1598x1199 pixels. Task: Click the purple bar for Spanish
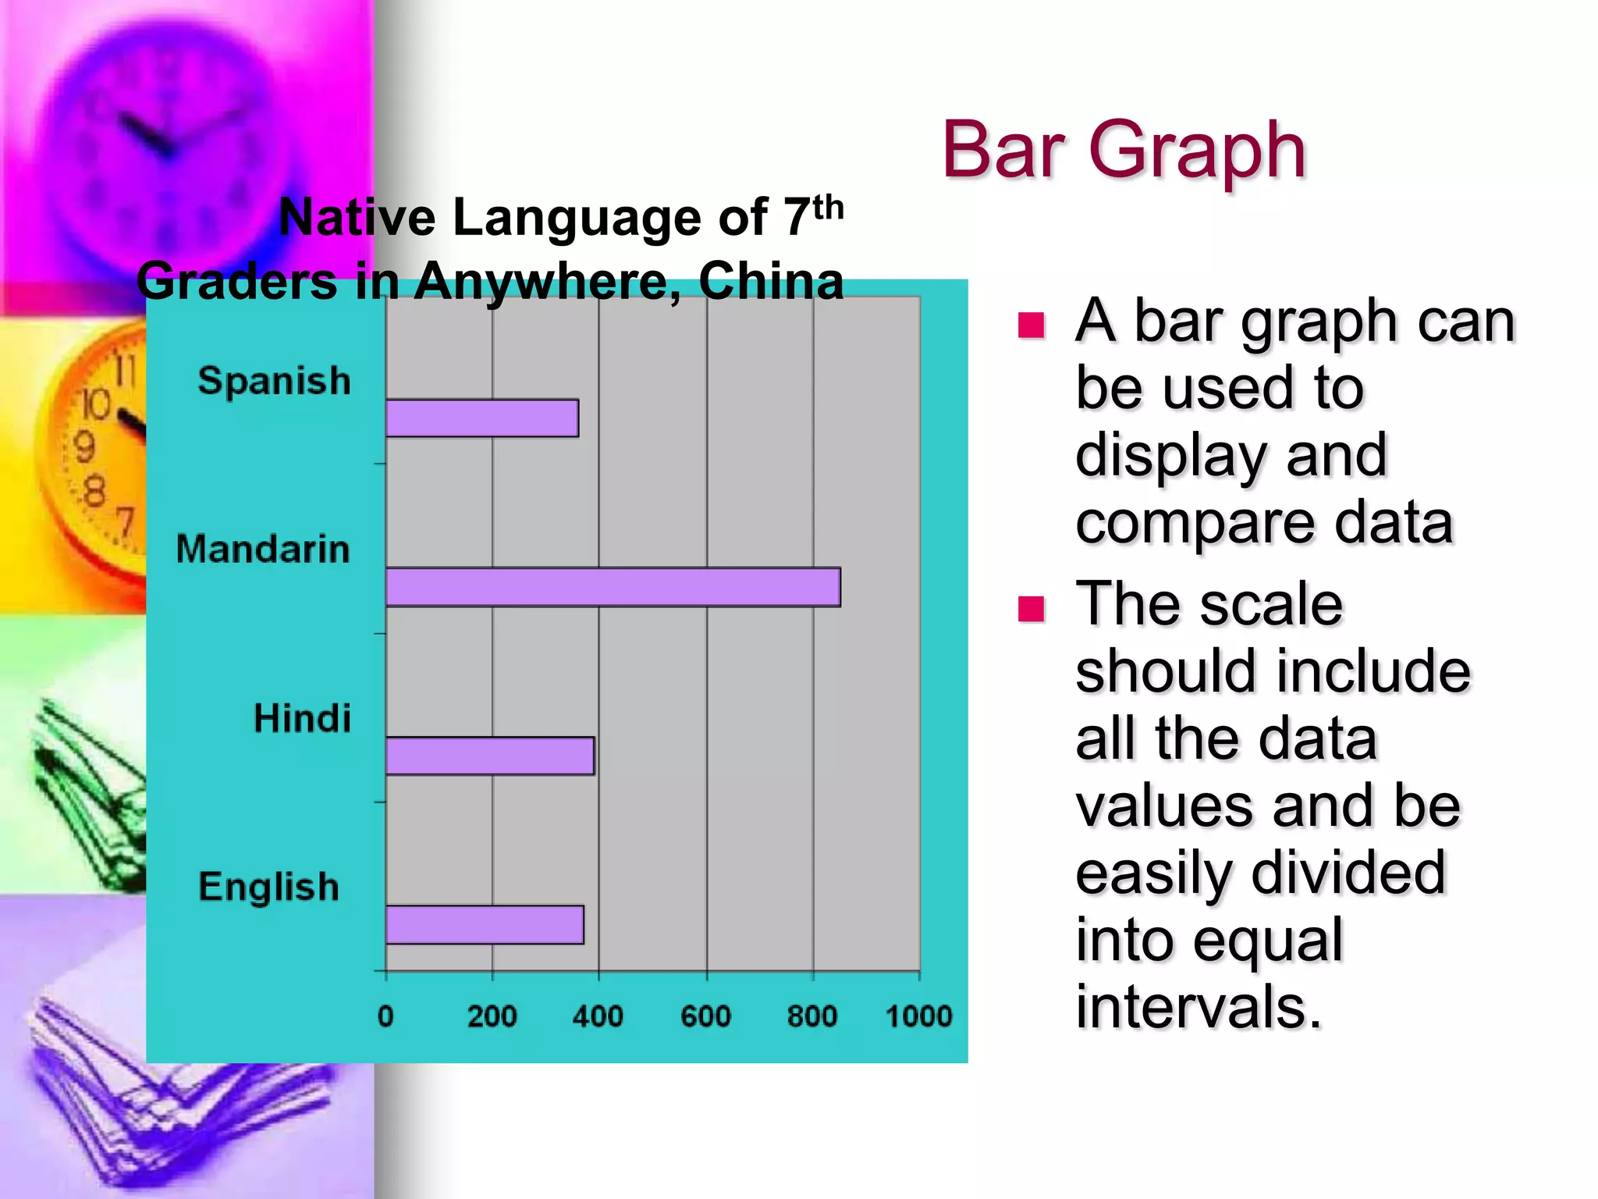tap(481, 418)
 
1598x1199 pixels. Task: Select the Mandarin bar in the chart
tap(613, 587)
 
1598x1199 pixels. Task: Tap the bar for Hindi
tap(489, 756)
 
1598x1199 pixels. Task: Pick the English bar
tap(485, 925)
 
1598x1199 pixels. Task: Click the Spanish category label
tap(274, 382)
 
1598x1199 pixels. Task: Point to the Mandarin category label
tap(263, 549)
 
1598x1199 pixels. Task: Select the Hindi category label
tap(302, 718)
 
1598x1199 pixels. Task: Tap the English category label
tap(269, 887)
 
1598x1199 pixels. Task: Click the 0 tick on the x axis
tap(385, 1016)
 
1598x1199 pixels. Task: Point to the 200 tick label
tap(492, 1016)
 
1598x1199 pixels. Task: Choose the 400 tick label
tap(598, 1016)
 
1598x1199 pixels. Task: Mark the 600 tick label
tap(705, 1016)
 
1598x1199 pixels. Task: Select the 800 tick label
tap(811, 1016)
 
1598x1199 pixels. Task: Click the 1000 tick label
tap(918, 1016)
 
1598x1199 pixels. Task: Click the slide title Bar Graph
tap(1124, 150)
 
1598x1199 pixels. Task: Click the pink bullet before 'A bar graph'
tap(1031, 325)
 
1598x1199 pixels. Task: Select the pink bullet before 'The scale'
tap(1031, 609)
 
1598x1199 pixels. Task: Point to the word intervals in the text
tap(1198, 1007)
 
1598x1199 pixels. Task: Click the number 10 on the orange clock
tap(97, 404)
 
